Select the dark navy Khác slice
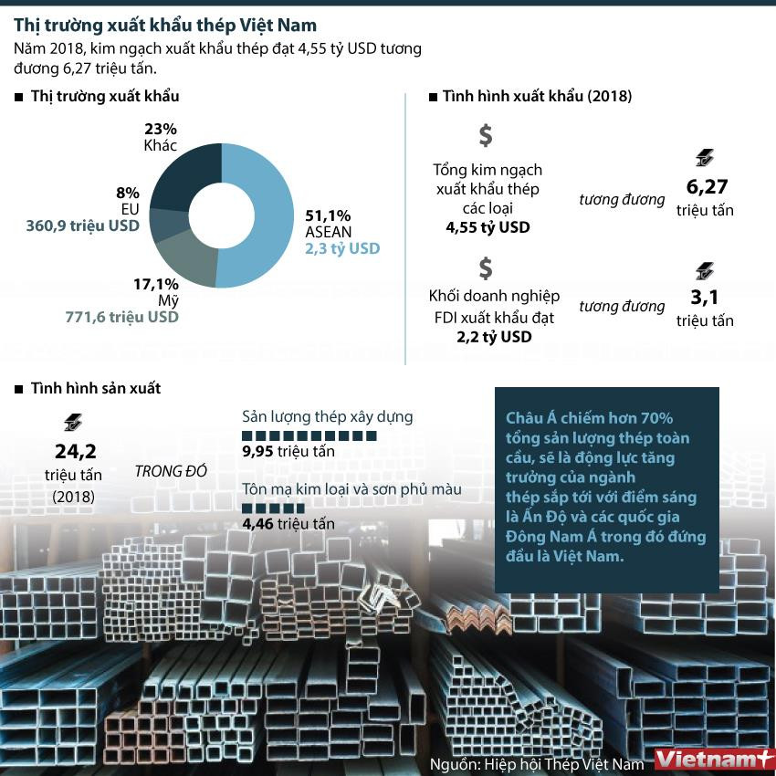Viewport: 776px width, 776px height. click(183, 178)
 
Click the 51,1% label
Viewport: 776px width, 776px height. click(328, 215)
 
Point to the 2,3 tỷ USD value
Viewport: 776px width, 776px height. click(342, 248)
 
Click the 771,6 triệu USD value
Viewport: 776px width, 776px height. click(121, 317)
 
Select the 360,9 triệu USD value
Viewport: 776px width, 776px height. click(82, 225)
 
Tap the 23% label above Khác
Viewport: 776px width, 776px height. click(161, 129)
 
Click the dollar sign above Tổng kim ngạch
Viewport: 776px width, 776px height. click(486, 135)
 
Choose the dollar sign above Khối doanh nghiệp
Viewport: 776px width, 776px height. click(486, 267)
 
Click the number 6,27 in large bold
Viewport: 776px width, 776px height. click(705, 187)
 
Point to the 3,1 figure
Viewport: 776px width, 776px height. click(705, 298)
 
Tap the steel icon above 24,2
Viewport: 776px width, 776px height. click(72, 422)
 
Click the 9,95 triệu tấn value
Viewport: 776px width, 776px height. click(288, 452)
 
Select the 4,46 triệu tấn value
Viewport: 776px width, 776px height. click(288, 524)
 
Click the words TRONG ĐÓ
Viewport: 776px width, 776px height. click(171, 472)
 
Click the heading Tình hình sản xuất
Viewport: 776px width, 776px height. click(96, 388)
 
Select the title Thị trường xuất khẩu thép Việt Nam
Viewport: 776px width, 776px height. click(165, 25)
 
